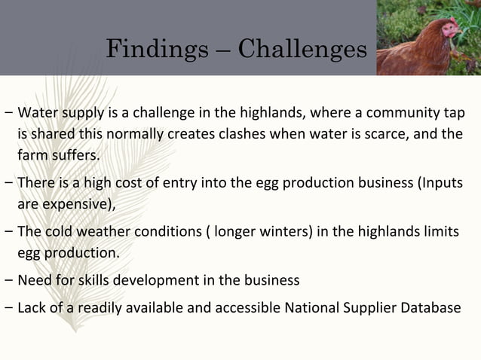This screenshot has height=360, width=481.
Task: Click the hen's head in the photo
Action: [x=449, y=29]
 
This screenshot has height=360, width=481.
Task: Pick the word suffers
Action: [x=73, y=156]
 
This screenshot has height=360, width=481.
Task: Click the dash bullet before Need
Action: [x=7, y=280]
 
